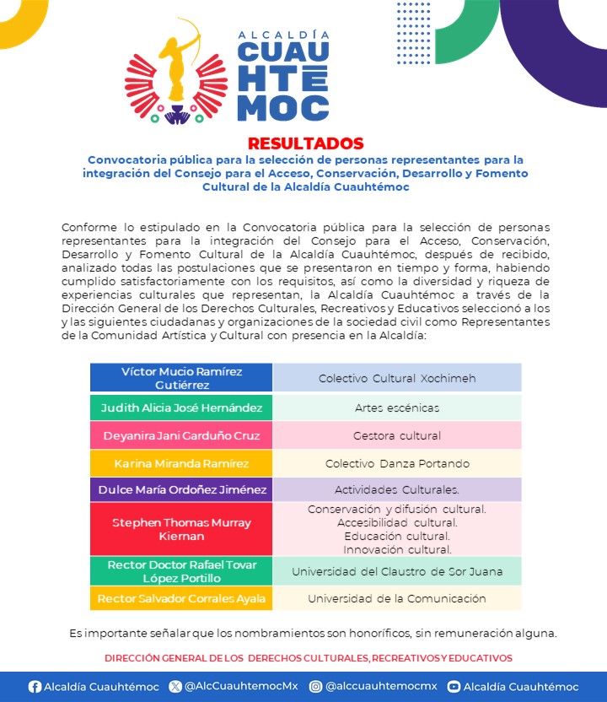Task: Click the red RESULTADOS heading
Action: [x=305, y=143]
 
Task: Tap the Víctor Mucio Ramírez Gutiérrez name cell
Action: [x=181, y=377]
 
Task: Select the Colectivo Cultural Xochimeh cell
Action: [x=396, y=378]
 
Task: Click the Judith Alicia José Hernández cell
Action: [x=181, y=408]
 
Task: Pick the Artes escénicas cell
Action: [x=396, y=408]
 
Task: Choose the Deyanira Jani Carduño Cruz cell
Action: [x=181, y=435]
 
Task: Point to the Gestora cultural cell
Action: [x=396, y=435]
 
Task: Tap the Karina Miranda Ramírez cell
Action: [x=181, y=463]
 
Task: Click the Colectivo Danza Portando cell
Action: [x=396, y=463]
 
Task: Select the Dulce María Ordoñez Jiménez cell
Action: [x=181, y=489]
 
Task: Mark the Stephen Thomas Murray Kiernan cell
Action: [x=181, y=529]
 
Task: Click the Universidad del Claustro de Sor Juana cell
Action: [x=396, y=571]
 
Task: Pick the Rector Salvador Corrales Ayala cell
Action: [x=181, y=598]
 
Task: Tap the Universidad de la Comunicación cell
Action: [x=396, y=598]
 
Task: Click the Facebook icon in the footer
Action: [x=35, y=687]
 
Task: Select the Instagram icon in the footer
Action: [x=315, y=687]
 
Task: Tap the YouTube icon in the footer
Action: [x=454, y=687]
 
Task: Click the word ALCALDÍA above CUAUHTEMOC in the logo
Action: [x=283, y=35]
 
